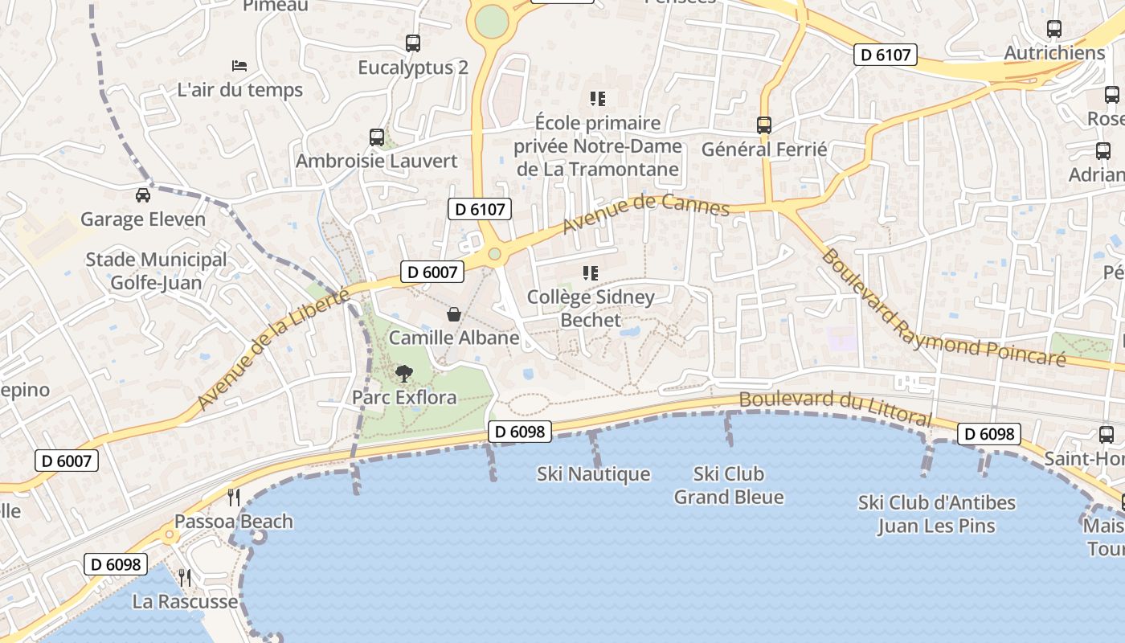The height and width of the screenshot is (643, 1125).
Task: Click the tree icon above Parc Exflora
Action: pos(403,373)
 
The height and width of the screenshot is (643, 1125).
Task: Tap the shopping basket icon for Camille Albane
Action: pos(454,313)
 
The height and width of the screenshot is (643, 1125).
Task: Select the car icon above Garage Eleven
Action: pos(142,195)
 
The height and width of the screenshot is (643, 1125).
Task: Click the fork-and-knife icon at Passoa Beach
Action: pos(234,497)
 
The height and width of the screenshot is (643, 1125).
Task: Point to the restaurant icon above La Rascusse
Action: pos(185,577)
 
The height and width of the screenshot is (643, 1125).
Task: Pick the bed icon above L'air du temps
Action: pos(239,65)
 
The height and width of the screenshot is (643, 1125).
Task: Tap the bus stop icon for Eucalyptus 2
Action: pos(413,43)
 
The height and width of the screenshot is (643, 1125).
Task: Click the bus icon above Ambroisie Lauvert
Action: pos(377,137)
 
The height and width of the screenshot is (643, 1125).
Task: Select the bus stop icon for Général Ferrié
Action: pos(763,125)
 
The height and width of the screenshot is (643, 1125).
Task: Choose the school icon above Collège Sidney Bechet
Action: pos(591,273)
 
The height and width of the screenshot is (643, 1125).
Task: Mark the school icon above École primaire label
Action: pos(597,99)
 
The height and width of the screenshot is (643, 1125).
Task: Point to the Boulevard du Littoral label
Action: pos(836,408)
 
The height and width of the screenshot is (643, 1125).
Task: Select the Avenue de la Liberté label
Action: pos(273,350)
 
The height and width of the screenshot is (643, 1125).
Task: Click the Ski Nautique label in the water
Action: pos(593,474)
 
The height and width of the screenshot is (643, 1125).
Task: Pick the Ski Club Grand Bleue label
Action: pos(729,485)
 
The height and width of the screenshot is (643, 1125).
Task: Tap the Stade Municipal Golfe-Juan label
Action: pos(156,271)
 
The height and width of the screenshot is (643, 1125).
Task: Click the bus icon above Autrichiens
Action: pos(1054,29)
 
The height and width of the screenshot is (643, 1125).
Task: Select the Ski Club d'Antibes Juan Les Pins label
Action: pos(936,514)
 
